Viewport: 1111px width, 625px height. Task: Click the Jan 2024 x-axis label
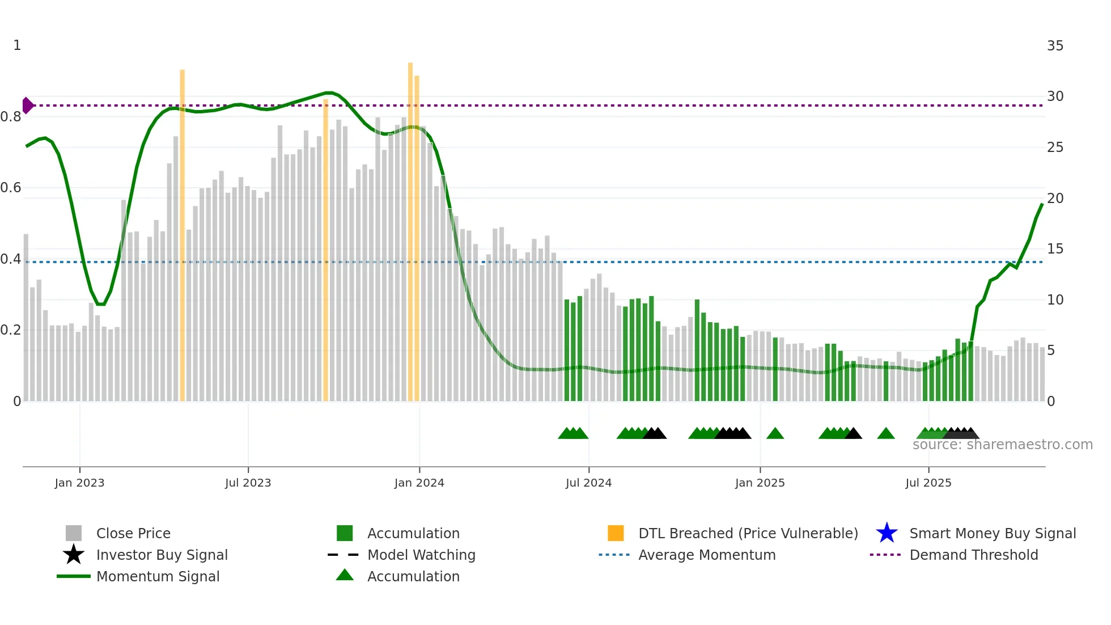[x=419, y=483]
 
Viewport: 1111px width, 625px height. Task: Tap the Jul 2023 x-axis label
[x=248, y=483]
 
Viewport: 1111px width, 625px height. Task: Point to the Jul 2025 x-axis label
[x=928, y=483]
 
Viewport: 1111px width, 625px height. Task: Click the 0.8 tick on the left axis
[x=11, y=117]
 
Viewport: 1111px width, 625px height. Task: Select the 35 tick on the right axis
[x=1055, y=46]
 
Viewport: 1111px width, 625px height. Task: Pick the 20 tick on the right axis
[x=1055, y=199]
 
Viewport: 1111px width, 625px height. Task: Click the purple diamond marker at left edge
[x=27, y=105]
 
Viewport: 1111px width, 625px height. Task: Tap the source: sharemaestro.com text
[x=1002, y=445]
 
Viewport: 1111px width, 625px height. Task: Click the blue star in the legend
[x=887, y=533]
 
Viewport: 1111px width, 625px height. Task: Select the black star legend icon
[x=74, y=555]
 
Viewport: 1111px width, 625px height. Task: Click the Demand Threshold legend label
[x=973, y=555]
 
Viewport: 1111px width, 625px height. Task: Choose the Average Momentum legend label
[x=707, y=555]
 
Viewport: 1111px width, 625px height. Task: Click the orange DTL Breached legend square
[x=616, y=533]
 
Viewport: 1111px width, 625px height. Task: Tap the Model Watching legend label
[x=421, y=555]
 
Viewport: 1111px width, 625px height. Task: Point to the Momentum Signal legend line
[x=74, y=576]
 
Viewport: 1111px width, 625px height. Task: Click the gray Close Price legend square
[x=74, y=533]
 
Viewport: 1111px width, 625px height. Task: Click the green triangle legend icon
[x=345, y=575]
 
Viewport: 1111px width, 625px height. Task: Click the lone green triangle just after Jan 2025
[x=775, y=434]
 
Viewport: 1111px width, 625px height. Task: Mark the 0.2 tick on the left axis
[x=11, y=330]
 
